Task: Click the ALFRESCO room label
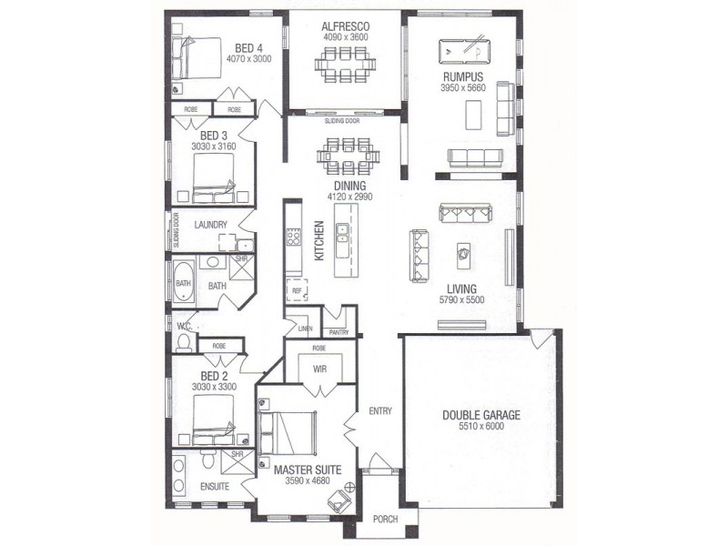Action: (x=346, y=26)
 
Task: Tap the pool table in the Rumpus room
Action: (x=464, y=52)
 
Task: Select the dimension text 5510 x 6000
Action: (x=481, y=426)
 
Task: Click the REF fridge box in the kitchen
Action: (x=298, y=290)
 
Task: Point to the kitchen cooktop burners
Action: (x=293, y=237)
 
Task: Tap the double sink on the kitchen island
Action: (x=343, y=234)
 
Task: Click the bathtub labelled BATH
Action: (x=184, y=283)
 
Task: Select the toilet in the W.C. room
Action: (x=185, y=342)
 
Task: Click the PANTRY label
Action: (x=339, y=332)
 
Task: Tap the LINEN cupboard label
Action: (x=305, y=329)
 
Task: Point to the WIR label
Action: (x=320, y=369)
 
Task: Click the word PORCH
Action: (x=385, y=519)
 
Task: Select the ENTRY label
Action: (x=380, y=411)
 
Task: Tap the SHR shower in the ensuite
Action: (x=238, y=461)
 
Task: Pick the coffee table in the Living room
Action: (x=464, y=255)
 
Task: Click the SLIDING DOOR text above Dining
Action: (x=342, y=121)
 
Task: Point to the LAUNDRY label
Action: (x=210, y=225)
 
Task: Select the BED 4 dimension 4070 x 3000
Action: (x=248, y=59)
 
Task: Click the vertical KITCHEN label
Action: (x=319, y=240)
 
